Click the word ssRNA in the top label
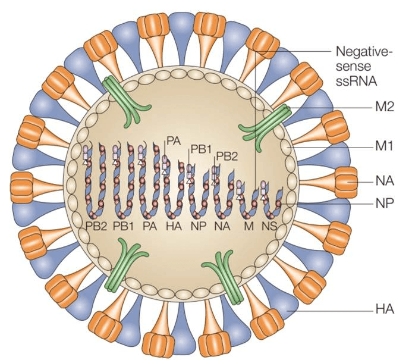[x=357, y=82]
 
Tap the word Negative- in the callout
[x=364, y=51]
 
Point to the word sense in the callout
[x=353, y=66]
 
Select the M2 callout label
[x=385, y=107]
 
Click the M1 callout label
[x=384, y=146]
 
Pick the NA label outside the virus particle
[x=385, y=181]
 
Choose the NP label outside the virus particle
[x=385, y=203]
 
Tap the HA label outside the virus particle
[x=385, y=309]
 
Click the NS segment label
[x=269, y=226]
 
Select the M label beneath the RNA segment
[x=249, y=226]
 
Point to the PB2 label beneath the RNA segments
[x=96, y=226]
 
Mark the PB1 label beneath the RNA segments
[x=123, y=226]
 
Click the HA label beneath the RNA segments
[x=174, y=226]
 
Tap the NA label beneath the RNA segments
[x=222, y=226]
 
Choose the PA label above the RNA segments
[x=174, y=141]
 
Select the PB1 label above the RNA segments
[x=201, y=149]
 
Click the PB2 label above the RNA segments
[x=227, y=156]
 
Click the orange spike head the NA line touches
[x=346, y=181]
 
